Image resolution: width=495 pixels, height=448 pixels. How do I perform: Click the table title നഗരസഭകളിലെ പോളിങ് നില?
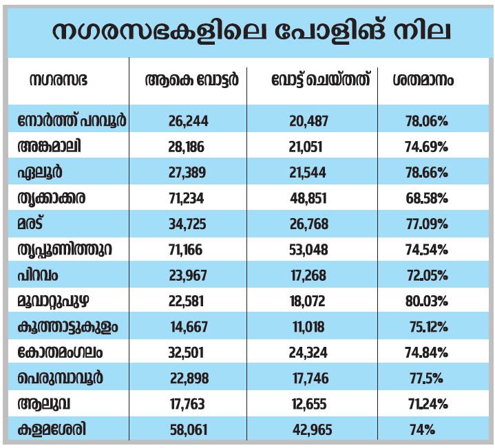pos(251,32)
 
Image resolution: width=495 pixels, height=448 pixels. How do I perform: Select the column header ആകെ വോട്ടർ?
pos(191,80)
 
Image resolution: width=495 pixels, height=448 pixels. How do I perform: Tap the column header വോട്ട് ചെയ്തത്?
pos(320,80)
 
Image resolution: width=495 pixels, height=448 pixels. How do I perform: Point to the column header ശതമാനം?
pos(423,80)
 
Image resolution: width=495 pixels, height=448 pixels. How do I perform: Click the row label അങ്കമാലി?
pos(50,147)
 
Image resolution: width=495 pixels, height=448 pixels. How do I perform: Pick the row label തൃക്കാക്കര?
pos(52,198)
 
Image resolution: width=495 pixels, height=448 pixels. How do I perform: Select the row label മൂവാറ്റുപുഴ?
pos(53,301)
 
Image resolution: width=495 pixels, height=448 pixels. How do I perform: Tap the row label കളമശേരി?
pos(52,429)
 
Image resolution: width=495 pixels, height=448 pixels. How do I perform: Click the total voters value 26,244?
pos(188,121)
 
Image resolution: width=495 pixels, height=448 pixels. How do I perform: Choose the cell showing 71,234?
pos(187,198)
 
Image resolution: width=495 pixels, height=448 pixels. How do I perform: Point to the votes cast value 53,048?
pos(308,250)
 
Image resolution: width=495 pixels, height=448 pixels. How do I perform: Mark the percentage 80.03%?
pos(426,301)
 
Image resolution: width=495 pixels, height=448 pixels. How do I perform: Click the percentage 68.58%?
pos(427,198)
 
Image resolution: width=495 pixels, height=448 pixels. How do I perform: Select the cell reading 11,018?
pos(308,327)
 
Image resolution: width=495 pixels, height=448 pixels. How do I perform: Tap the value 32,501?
pos(186,352)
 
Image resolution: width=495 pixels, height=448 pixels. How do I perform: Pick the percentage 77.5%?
pos(426,378)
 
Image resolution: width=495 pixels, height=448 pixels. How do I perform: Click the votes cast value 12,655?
pos(309,404)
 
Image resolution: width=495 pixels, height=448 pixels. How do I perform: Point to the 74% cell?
pos(422,429)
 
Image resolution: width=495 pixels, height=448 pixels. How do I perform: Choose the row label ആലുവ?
pos(44,404)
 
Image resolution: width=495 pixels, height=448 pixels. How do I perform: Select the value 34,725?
pos(187,224)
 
